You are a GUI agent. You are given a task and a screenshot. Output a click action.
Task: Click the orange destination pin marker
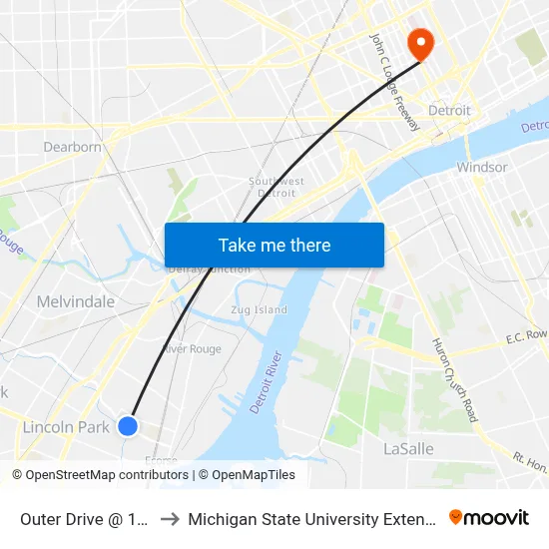tap(419, 42)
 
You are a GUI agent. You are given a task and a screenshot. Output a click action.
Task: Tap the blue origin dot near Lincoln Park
tap(128, 426)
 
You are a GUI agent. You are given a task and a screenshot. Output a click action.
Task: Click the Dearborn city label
tap(72, 147)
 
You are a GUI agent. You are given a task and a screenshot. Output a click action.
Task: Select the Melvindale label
tap(76, 301)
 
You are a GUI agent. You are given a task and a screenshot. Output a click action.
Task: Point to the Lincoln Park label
tap(66, 427)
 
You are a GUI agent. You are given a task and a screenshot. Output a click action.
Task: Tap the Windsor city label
tap(482, 167)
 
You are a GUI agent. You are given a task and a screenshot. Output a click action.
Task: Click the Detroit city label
tap(449, 110)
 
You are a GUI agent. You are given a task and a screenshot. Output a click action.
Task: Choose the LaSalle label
tap(408, 449)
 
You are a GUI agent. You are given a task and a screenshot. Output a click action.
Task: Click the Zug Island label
tap(260, 310)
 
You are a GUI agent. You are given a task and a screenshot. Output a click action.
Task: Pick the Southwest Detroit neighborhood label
tap(276, 187)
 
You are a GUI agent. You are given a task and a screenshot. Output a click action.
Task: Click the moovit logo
tap(489, 517)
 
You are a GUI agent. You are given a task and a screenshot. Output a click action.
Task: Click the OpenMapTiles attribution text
tap(252, 475)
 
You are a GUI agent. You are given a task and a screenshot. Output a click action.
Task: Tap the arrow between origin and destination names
tap(170, 518)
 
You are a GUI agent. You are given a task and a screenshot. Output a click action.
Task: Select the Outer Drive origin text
tap(85, 518)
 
